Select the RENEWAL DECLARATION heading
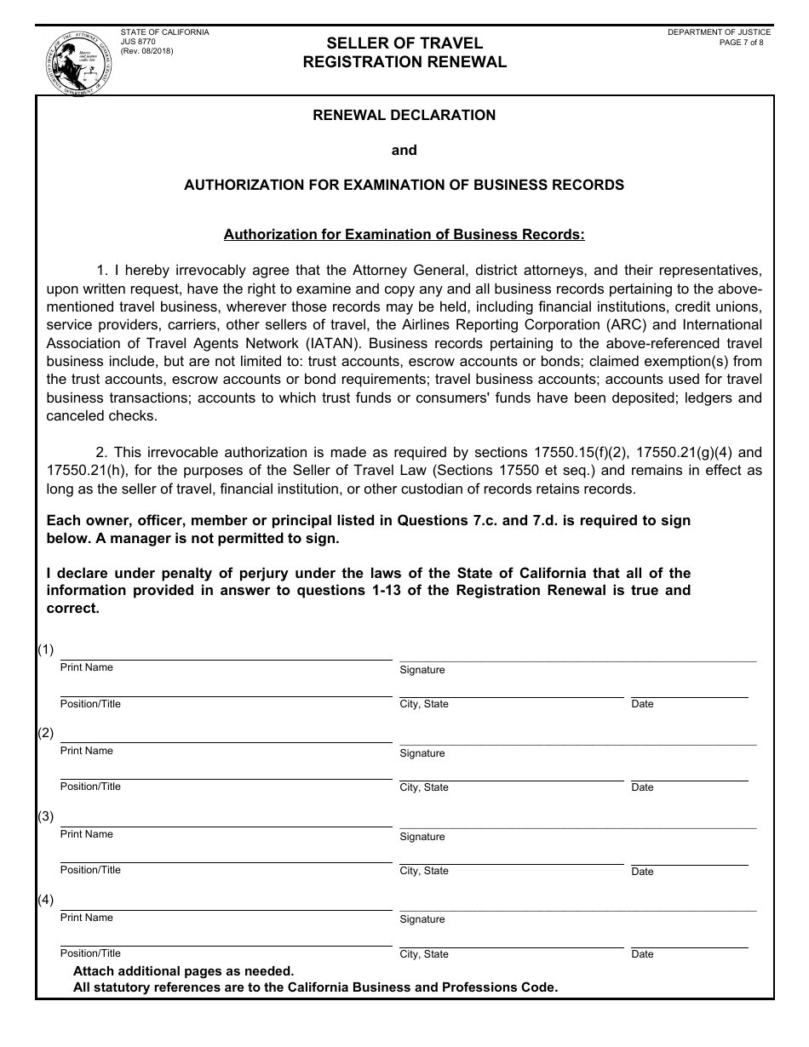coord(404,115)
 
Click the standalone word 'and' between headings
coord(404,150)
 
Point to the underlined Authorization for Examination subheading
coord(404,234)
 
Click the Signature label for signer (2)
coord(422,753)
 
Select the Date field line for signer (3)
coord(688,863)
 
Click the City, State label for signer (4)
coord(424,954)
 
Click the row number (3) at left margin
coord(45,816)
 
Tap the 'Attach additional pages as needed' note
coord(183,971)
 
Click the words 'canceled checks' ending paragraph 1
coord(101,416)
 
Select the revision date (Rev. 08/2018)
coord(146,51)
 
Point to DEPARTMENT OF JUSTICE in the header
coord(719,32)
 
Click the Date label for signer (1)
coord(642,704)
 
